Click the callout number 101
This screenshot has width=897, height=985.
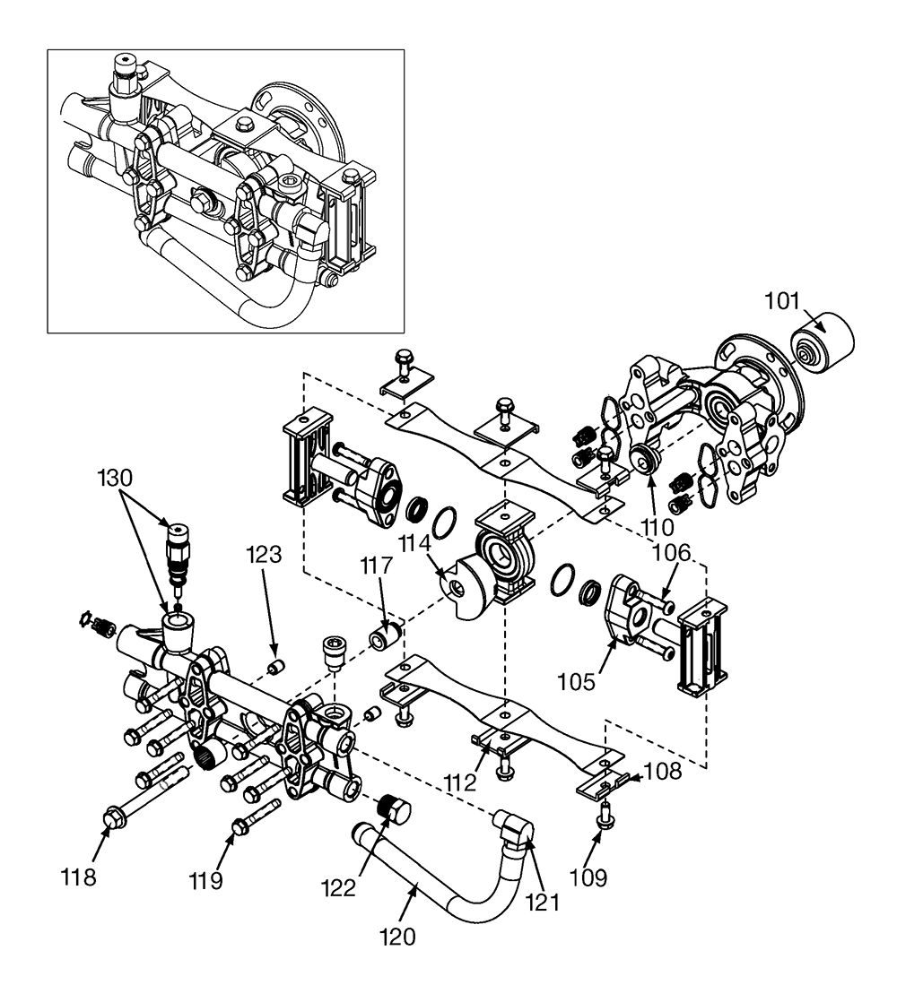tap(781, 301)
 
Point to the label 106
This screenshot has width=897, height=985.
tap(671, 553)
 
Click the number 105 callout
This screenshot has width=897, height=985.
tap(577, 681)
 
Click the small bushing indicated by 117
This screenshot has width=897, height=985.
tap(385, 635)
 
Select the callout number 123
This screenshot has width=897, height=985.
tap(264, 555)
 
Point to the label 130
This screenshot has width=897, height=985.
tap(115, 478)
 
